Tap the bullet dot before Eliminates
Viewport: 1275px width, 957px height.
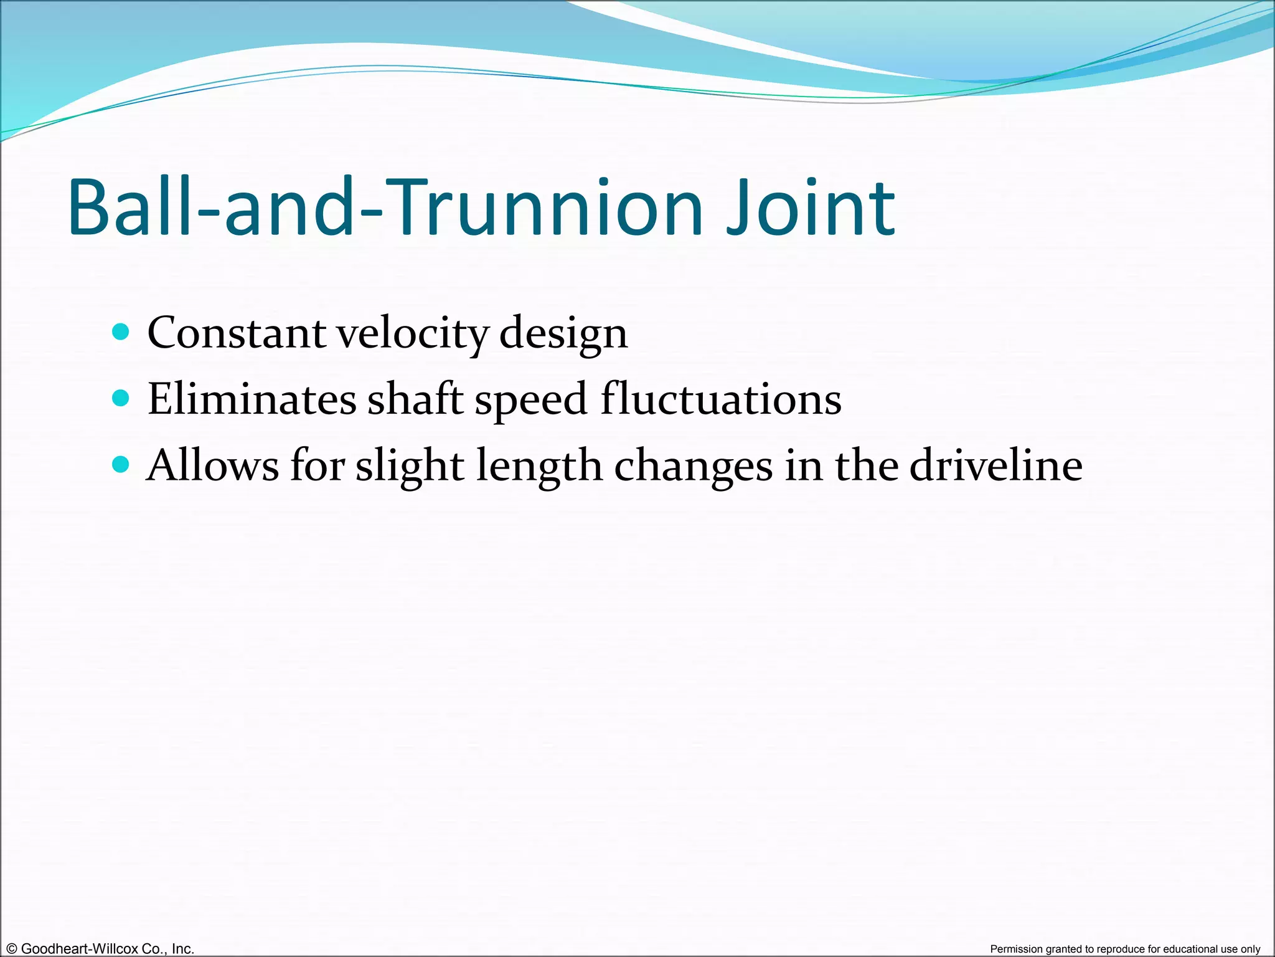click(x=121, y=398)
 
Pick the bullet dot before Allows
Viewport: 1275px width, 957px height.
click(x=121, y=464)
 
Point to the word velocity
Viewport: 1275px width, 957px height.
click(x=412, y=334)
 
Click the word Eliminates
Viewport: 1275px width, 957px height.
click(x=252, y=399)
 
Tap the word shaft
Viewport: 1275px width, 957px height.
click(x=415, y=399)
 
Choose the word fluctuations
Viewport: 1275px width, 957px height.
click(x=721, y=399)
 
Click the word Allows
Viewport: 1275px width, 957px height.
click(x=212, y=466)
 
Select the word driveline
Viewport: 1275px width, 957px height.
click(x=995, y=466)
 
